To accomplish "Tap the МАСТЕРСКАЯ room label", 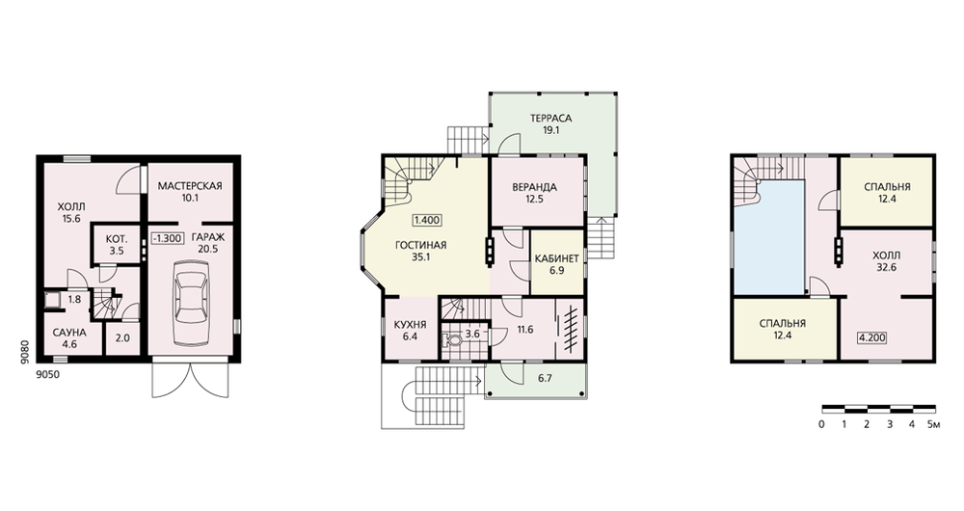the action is pos(189,186).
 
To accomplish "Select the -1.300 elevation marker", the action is pos(167,238).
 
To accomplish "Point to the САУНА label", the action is pos(69,333).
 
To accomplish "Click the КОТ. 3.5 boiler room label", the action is pos(116,244).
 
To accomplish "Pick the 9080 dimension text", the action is pos(25,354).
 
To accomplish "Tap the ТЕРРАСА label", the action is pos(550,118).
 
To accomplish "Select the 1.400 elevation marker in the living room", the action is pos(427,220).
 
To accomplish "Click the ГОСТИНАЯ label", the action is pos(420,245).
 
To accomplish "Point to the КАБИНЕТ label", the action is pos(557,258).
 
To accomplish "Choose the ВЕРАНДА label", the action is pos(534,187).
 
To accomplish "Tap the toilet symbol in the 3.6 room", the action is pos(452,340).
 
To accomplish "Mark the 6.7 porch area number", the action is pos(545,378).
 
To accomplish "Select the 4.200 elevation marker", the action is pos(871,337).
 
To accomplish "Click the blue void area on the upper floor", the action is pos(769,237).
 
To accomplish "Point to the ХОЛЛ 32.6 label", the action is pos(887,260).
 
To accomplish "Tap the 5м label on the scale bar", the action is pos(933,424).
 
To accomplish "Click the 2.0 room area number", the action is pos(122,337).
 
